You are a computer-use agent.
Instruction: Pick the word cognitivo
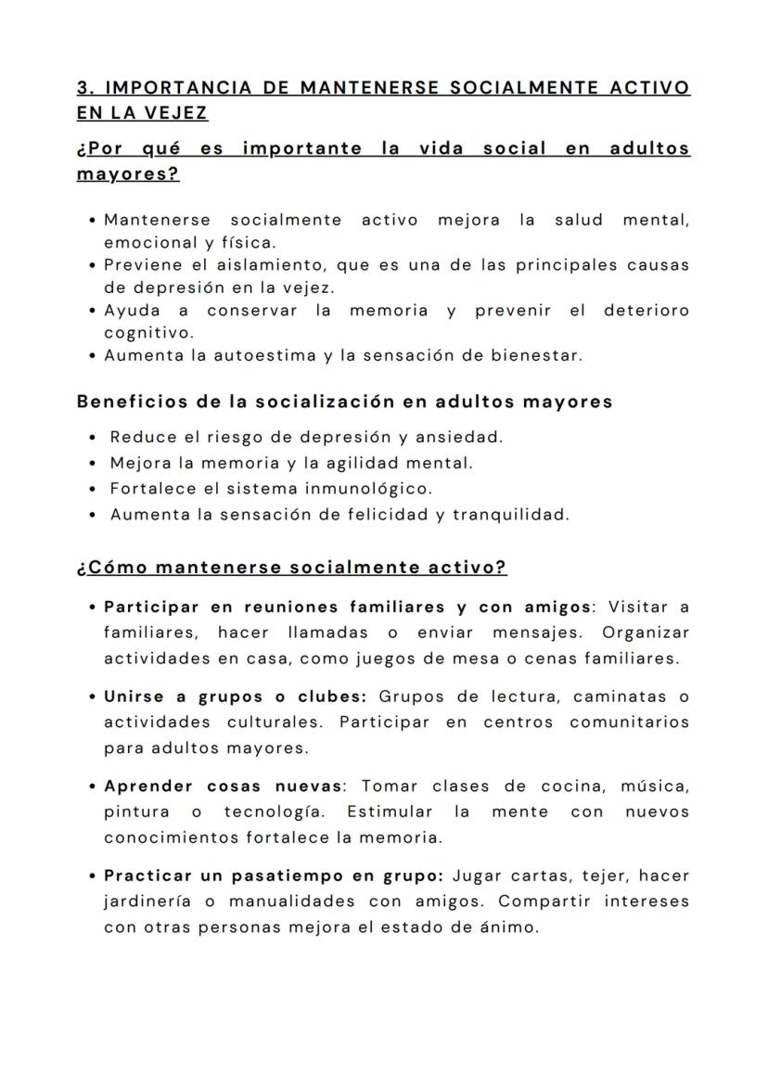click(148, 332)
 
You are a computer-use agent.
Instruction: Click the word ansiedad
click(461, 436)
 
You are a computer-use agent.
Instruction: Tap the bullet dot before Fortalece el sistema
click(95, 489)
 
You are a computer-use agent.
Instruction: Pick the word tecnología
click(273, 811)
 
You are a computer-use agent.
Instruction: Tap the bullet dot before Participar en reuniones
click(95, 607)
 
